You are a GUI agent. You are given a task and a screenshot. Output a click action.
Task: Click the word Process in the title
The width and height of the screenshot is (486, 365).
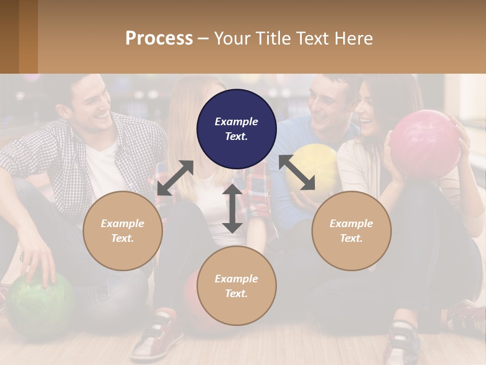pos(159,39)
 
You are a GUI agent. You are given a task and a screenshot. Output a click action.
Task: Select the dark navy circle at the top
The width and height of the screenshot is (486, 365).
pos(236,129)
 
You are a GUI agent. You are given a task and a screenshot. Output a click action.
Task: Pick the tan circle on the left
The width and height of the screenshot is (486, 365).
pos(123,231)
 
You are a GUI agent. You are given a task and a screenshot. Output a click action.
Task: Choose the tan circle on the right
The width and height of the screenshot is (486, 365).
pos(351,231)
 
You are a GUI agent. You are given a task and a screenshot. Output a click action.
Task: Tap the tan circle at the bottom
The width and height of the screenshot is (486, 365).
pos(236,286)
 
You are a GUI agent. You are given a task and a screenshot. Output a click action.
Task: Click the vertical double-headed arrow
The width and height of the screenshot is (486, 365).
pos(232,208)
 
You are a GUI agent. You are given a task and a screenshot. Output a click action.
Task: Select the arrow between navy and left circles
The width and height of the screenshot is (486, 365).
pos(175,178)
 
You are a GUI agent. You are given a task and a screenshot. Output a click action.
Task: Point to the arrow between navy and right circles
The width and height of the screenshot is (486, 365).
pos(297,172)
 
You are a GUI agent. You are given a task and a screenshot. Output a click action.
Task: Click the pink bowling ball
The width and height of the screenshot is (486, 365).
pos(424,143)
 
